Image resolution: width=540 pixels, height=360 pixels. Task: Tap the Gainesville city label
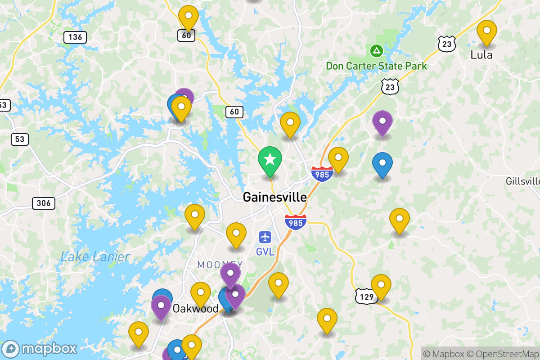coord(274,197)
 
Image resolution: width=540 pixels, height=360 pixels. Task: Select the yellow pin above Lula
coord(486,32)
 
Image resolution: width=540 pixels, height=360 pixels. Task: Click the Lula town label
coord(481,55)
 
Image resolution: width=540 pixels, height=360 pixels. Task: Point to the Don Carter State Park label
coord(376,66)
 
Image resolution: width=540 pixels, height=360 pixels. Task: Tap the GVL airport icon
coord(265,237)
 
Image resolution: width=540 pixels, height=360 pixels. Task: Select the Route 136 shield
coord(75,37)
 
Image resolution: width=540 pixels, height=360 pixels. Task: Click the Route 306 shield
coord(44,203)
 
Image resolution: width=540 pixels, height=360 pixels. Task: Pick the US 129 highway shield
coord(365,296)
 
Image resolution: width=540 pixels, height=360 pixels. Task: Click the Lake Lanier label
coord(95,257)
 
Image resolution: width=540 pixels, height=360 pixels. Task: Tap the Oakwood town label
coord(196,309)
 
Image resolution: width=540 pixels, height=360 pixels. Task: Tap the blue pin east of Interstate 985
coord(382,164)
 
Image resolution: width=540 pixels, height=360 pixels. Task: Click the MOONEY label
coord(220,265)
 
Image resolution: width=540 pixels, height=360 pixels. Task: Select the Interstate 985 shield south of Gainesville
coord(296,223)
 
